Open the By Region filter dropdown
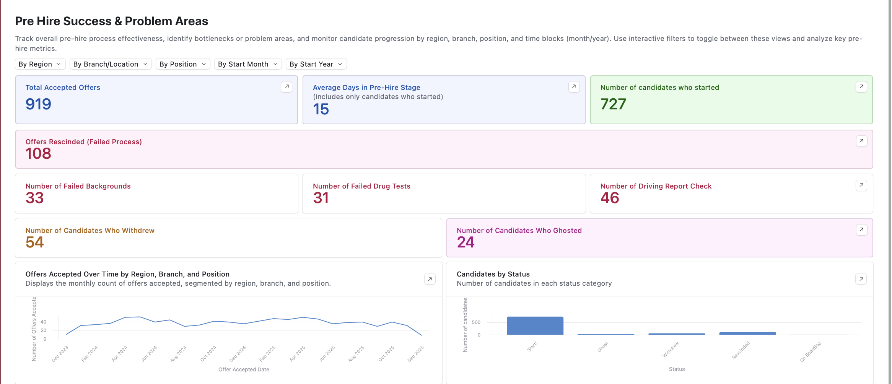pyautogui.click(x=40, y=64)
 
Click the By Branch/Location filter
pyautogui.click(x=111, y=64)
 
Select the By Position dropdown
pyautogui.click(x=183, y=64)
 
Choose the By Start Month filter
pyautogui.click(x=248, y=64)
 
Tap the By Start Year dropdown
pyautogui.click(x=316, y=64)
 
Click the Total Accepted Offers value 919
pyautogui.click(x=38, y=104)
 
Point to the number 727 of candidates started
pyautogui.click(x=613, y=104)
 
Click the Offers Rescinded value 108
pyautogui.click(x=38, y=154)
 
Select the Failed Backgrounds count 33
pyautogui.click(x=35, y=198)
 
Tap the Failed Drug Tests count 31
pyautogui.click(x=321, y=198)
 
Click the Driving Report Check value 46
pyautogui.click(x=610, y=198)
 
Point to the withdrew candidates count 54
pyautogui.click(x=35, y=242)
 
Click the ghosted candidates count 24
pyautogui.click(x=466, y=242)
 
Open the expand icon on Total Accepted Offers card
pyautogui.click(x=286, y=87)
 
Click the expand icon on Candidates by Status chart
pyautogui.click(x=861, y=279)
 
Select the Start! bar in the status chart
pyautogui.click(x=535, y=326)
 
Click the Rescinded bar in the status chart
pyautogui.click(x=747, y=334)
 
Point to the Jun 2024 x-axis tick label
pyautogui.click(x=149, y=354)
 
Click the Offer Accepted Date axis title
pyautogui.click(x=244, y=369)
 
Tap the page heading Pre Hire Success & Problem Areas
pyautogui.click(x=112, y=21)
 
